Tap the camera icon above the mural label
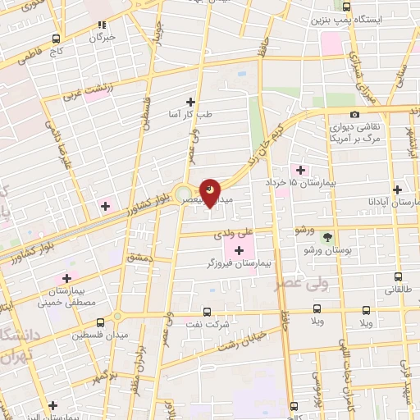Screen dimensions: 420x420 coord(354,115)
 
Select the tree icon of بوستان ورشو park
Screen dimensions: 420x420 coord(328,238)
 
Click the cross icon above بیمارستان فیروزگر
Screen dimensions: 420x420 coord(240,250)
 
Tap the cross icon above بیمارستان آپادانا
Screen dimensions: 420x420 coord(397,188)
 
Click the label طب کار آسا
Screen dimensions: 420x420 coord(190,115)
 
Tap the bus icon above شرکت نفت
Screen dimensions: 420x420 coord(206,311)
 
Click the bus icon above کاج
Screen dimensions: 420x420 coord(56,39)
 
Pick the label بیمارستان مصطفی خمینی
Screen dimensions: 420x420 coord(71,297)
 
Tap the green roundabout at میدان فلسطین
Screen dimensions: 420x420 coord(116,317)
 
